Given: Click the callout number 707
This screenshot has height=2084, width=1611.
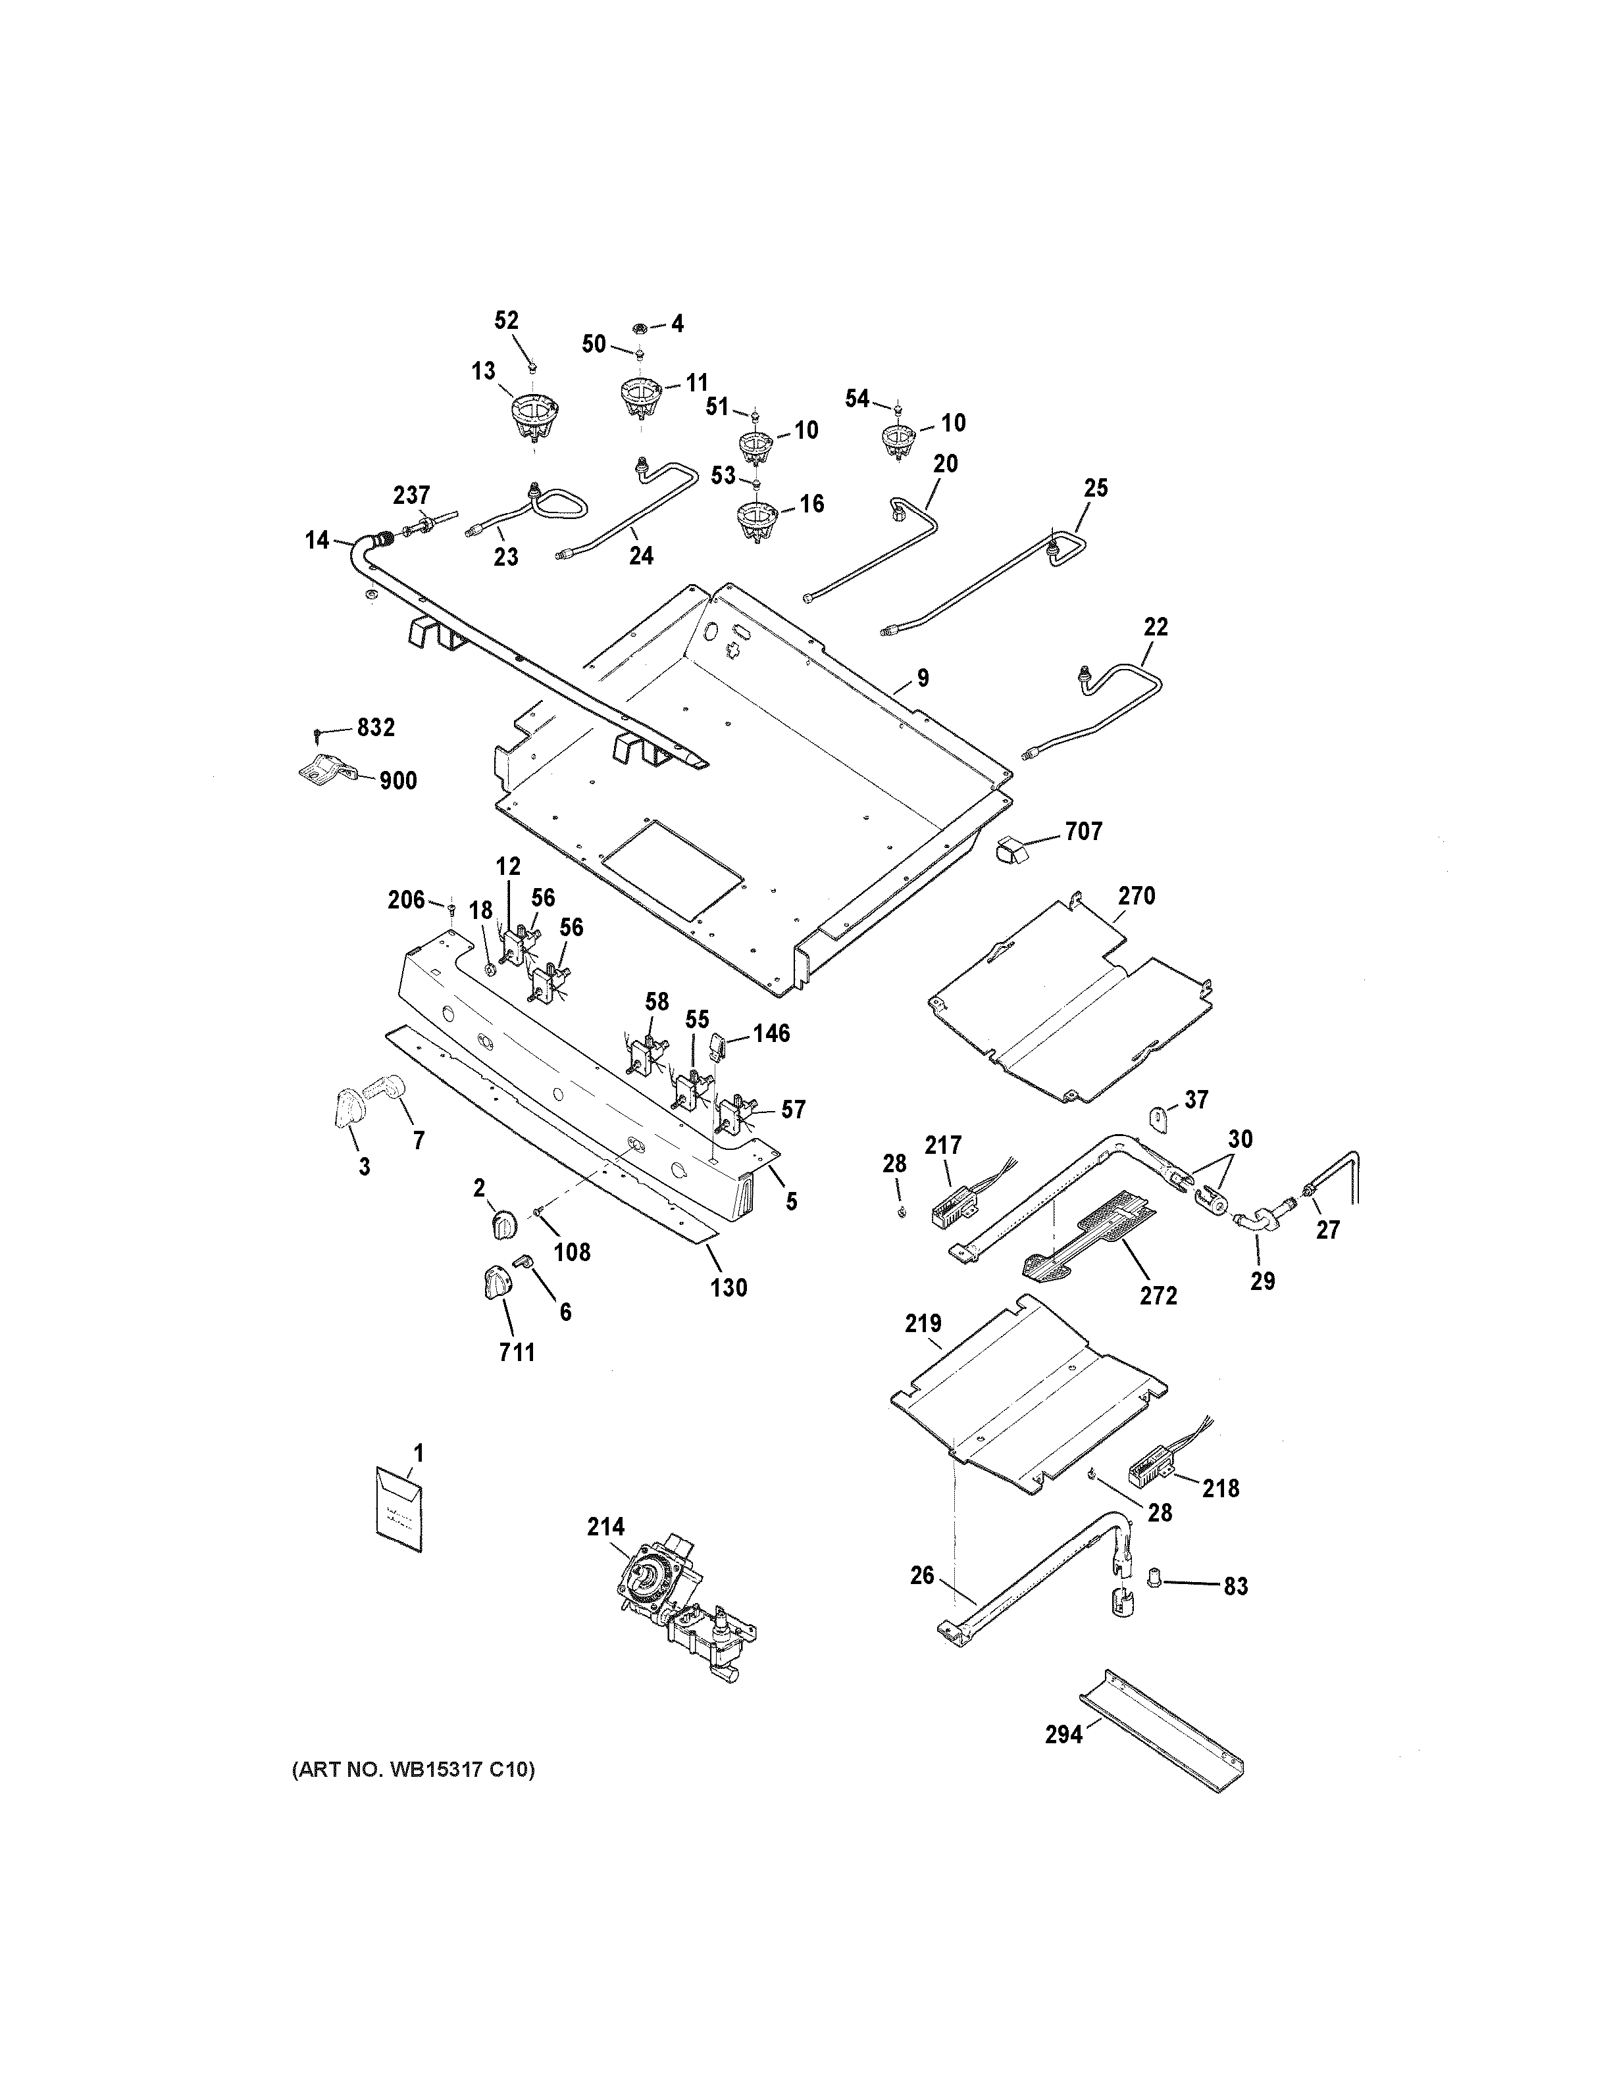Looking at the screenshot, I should click(x=1083, y=832).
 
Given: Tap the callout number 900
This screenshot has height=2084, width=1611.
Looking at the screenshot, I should click(x=398, y=781).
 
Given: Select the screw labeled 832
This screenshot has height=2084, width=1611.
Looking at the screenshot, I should click(x=318, y=733).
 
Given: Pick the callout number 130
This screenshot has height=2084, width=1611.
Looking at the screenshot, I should click(x=729, y=1288).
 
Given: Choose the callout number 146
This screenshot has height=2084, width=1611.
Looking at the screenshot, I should click(x=771, y=1033).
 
